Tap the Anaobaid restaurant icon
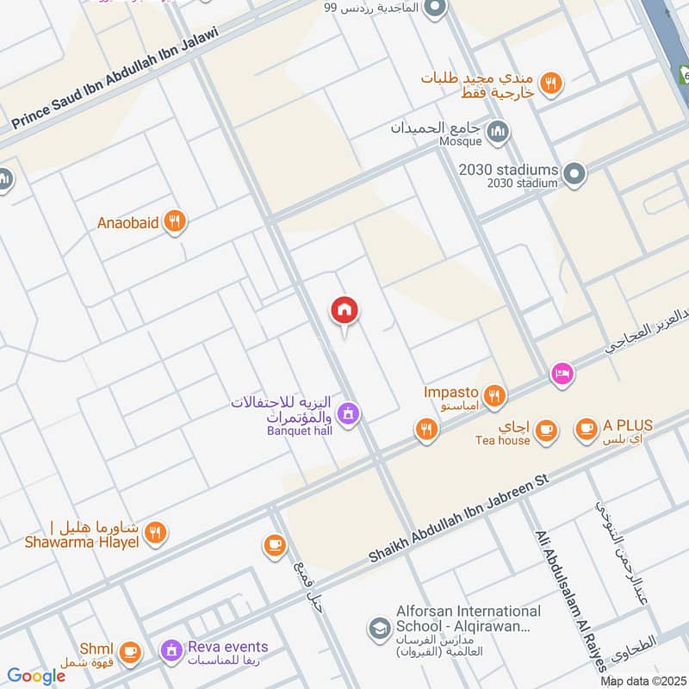(176, 222)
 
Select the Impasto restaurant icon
(493, 395)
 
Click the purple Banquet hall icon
(348, 414)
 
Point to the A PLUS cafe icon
(587, 428)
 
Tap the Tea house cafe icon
(545, 429)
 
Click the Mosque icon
(498, 132)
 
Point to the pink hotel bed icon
(562, 375)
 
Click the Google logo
(36, 676)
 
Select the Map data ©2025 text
(642, 681)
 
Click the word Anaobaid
(127, 222)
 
